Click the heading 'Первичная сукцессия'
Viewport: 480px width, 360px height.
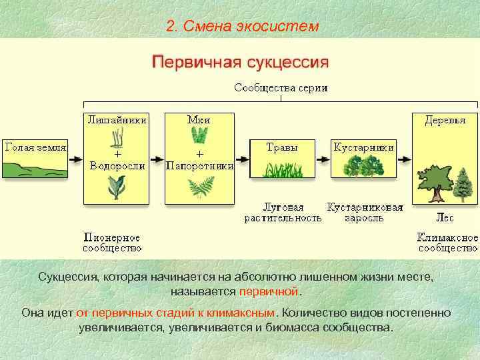coord(241,63)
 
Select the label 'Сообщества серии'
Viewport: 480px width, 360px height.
coord(280,87)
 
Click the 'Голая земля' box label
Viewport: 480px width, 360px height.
coord(35,147)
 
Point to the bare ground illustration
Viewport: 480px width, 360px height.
coord(35,168)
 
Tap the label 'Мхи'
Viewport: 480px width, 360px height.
coord(199,120)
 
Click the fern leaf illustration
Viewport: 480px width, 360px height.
coord(199,189)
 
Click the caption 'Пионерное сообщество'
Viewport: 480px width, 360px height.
coord(112,243)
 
